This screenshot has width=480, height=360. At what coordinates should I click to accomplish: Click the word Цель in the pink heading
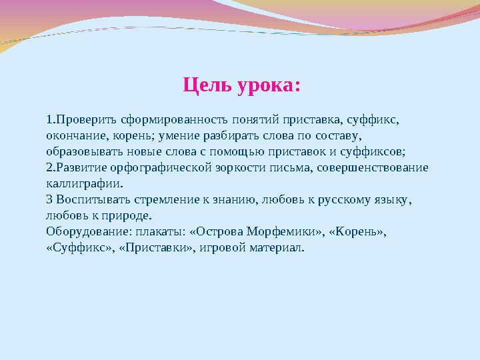[x=207, y=85]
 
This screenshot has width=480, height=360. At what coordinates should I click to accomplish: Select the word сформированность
[x=174, y=120]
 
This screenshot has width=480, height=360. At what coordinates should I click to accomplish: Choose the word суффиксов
[x=371, y=152]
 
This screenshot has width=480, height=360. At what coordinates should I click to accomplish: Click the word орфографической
[x=161, y=168]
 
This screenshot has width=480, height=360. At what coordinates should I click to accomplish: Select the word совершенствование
[x=373, y=168]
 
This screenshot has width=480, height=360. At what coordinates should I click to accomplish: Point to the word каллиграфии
[x=83, y=184]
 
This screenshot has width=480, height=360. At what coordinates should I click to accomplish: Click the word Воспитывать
[x=93, y=200]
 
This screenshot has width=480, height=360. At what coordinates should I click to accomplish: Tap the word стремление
[x=167, y=200]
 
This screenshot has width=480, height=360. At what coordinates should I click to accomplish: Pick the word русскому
[x=344, y=200]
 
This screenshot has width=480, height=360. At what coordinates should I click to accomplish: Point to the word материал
[x=275, y=247]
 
